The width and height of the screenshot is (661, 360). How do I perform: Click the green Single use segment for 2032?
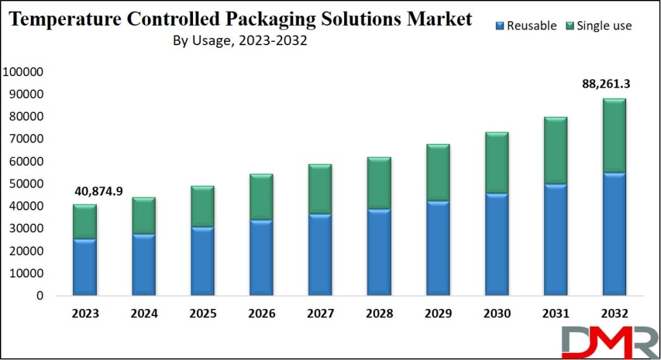tap(614, 135)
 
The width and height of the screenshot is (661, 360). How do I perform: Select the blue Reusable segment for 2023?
tap(85, 267)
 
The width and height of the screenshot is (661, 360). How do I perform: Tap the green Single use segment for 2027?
tap(320, 189)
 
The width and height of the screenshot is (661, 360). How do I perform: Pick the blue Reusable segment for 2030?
tap(496, 245)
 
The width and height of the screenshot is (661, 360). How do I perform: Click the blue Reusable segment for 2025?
tap(202, 261)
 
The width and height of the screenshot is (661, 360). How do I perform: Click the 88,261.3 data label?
tap(606, 83)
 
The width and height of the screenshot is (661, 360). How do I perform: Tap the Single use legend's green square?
tap(568, 26)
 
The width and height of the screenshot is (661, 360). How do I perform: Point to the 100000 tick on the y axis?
tap(23, 72)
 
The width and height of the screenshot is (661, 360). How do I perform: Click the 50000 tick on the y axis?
tap(26, 184)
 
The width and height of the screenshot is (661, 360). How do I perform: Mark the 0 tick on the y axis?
tap(40, 296)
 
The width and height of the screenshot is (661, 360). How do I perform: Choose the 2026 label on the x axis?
tap(261, 314)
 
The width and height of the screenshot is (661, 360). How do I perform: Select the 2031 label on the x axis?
tap(555, 314)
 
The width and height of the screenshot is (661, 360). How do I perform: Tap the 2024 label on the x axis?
tap(144, 314)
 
